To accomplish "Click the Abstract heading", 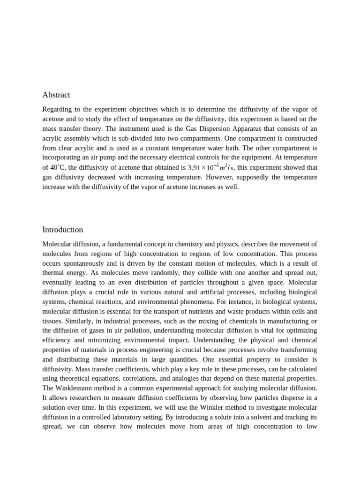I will click(56, 95).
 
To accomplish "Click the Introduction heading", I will click(62, 230).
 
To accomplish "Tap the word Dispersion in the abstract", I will click(234, 129).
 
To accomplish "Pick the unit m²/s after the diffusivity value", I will click(228, 167).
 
